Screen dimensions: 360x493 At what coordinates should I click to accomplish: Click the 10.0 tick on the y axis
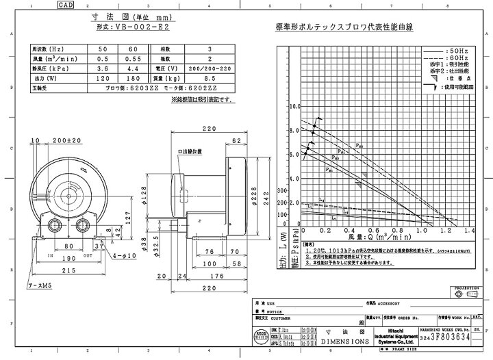[295, 107]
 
